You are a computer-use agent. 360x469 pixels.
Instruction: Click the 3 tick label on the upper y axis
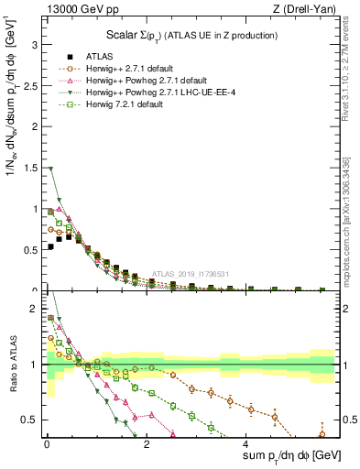pos(35,42)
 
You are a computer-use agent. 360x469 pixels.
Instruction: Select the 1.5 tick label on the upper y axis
pos(31,168)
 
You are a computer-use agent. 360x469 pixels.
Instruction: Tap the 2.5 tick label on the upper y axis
pos(31,84)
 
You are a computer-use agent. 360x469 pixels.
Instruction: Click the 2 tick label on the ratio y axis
pos(35,310)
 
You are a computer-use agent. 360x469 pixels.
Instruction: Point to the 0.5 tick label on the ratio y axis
pos(31,420)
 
